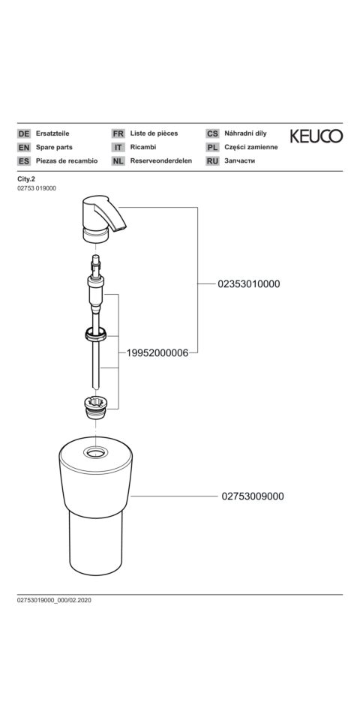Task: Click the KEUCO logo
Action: point(316,136)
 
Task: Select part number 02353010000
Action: point(249,283)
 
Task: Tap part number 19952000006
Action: point(157,353)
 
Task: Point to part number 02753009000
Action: point(253,496)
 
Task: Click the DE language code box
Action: point(24,133)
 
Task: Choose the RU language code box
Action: point(212,161)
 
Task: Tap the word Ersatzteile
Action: point(52,133)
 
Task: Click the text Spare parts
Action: point(54,148)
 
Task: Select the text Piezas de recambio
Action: point(67,161)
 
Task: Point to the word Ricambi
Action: point(143,148)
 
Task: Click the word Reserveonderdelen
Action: point(161,161)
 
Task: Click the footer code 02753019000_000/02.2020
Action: point(54,600)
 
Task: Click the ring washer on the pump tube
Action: point(95,334)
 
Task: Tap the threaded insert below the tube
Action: point(95,406)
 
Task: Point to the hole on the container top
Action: point(95,453)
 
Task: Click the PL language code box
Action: point(212,148)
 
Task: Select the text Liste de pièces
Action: point(154,133)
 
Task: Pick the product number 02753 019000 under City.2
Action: point(37,188)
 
